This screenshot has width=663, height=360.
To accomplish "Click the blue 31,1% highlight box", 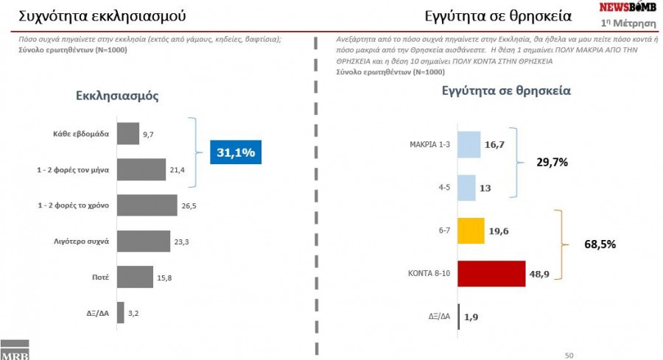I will point(236,152).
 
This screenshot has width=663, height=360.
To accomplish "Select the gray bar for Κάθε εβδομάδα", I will point(128,134).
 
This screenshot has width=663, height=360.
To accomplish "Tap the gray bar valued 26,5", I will point(147,205).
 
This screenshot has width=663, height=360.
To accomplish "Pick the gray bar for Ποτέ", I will point(135,277).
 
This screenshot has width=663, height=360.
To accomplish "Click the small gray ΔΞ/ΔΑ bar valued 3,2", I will point(121,312).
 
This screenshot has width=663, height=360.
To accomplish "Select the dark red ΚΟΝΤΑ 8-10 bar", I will point(491,273).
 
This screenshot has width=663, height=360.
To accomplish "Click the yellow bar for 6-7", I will point(471,230).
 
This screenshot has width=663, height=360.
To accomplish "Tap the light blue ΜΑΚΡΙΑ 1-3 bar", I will point(469,145).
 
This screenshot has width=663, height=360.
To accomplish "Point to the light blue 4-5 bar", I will point(467,188).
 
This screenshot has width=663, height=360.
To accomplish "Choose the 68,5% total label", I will point(600,244).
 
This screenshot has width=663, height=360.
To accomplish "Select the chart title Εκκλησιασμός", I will point(116,96).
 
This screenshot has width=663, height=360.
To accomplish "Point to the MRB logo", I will point(14,350).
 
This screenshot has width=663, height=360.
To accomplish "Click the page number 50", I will point(569,355).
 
